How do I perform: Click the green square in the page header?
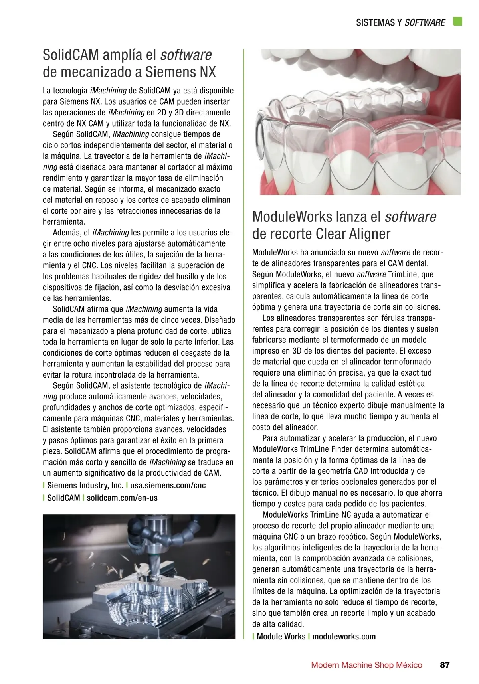457,22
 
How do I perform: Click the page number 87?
445,665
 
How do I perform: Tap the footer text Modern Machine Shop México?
366,665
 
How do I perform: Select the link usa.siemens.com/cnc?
168,486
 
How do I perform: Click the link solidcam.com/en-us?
122,498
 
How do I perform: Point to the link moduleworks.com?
344,637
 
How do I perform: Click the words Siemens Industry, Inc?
85,486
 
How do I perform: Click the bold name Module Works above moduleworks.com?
281,637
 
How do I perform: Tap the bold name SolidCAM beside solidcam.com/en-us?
63,498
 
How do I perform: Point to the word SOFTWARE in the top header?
425,23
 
